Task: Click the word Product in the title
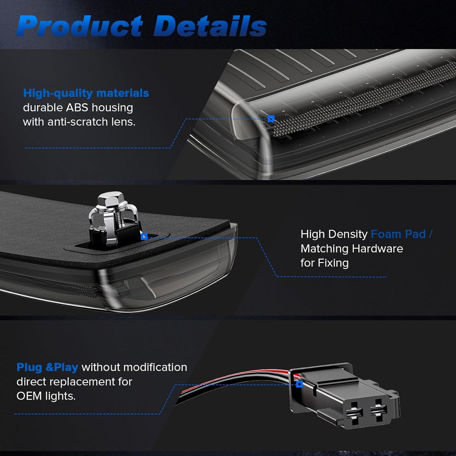(x=80, y=26)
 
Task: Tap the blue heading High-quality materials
(x=86, y=93)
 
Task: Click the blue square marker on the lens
(x=271, y=119)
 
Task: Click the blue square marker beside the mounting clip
(x=144, y=236)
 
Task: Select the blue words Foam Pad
(x=398, y=234)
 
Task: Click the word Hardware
(x=377, y=249)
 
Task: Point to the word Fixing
(x=333, y=263)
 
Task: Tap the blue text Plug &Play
(x=47, y=368)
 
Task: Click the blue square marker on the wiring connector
(x=299, y=384)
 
